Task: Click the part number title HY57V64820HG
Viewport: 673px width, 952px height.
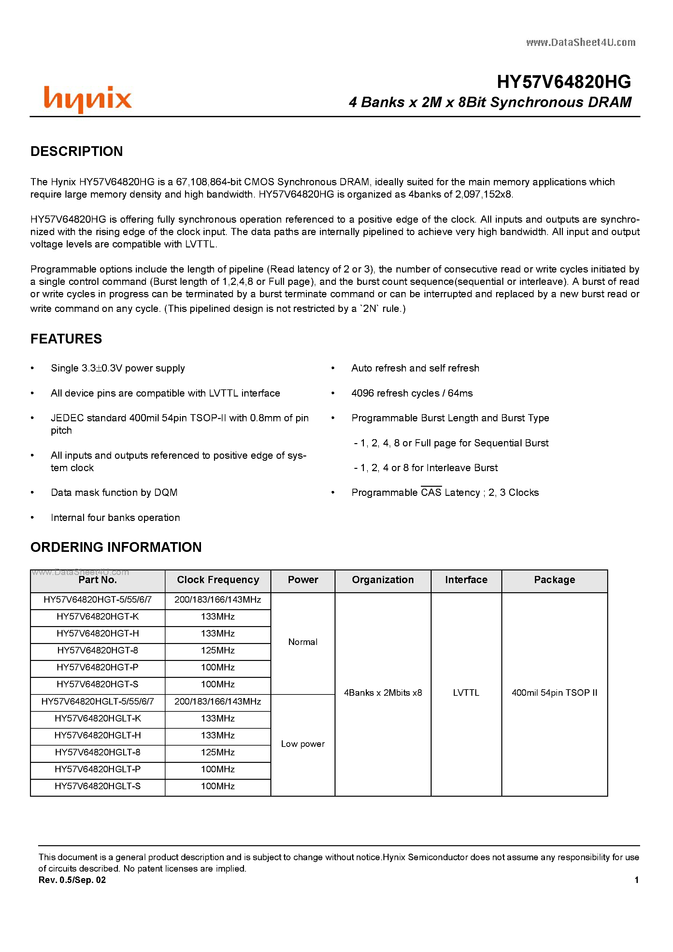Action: (x=564, y=82)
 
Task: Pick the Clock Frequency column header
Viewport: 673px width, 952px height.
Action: (x=218, y=580)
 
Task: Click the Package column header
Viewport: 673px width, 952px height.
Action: (x=554, y=580)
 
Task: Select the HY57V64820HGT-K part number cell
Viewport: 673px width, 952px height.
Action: (x=97, y=617)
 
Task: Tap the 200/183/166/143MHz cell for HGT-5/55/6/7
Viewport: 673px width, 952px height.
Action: (x=218, y=600)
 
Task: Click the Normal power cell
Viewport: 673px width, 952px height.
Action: (x=303, y=642)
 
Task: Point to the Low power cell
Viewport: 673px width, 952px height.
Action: (x=303, y=744)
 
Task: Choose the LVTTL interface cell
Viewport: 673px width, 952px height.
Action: (x=466, y=693)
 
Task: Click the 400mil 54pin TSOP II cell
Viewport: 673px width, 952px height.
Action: (x=554, y=693)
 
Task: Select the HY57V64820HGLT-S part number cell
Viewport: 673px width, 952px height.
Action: (x=97, y=786)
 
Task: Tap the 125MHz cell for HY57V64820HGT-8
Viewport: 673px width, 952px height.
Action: (x=218, y=651)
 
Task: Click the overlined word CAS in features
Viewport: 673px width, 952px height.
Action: (x=431, y=493)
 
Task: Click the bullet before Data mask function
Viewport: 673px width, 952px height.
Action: (x=32, y=493)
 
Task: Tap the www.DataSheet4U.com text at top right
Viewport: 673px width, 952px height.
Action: (x=580, y=42)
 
